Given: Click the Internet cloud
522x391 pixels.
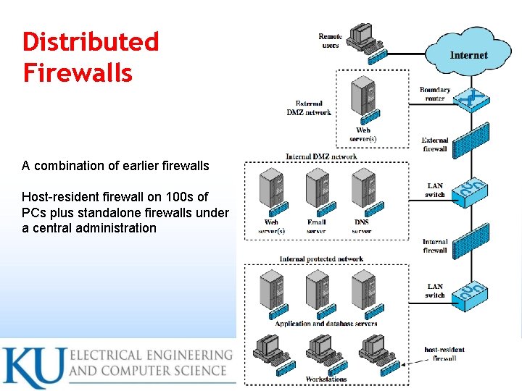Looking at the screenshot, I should point(469,54).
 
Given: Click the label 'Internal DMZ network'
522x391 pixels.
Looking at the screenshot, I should point(321,156).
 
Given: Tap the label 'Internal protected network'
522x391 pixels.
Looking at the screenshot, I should point(321,259).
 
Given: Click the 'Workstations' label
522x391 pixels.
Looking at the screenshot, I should point(326,379).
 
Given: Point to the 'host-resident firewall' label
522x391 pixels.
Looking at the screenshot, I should point(444,353).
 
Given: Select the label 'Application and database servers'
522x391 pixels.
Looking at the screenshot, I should point(326,324).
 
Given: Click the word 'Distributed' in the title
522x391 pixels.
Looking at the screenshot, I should point(91,41).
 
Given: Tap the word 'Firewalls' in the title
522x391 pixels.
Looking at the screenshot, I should point(78,72).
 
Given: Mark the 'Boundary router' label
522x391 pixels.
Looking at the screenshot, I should point(435,94).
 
